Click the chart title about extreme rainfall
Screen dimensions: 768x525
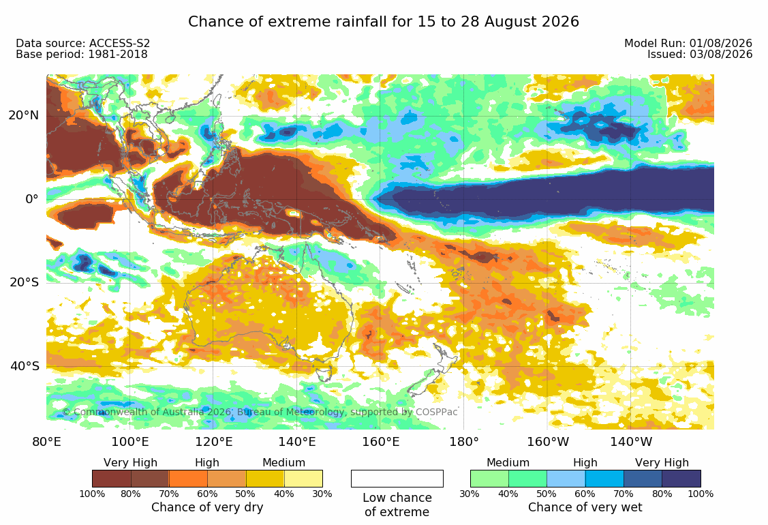pos(384,22)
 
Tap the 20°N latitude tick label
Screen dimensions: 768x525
pos(24,115)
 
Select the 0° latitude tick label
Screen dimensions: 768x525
pos(32,199)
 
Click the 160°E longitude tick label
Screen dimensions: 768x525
pos(380,442)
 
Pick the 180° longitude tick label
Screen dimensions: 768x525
pos(464,442)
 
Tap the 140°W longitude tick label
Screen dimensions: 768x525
pos(631,442)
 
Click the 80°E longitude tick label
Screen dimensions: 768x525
pos(46,442)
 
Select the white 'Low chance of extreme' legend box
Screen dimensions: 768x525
pos(397,479)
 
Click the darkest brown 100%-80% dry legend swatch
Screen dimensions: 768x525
pos(112,479)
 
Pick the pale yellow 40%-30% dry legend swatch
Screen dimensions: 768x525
pos(304,479)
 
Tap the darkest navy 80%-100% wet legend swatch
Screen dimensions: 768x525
pos(681,479)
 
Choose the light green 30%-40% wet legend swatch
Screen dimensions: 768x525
pos(489,479)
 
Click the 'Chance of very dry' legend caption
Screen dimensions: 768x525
pos(207,507)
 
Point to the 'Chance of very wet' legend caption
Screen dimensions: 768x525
pos(585,507)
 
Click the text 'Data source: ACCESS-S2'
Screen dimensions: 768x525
pos(82,44)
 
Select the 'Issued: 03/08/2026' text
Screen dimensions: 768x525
pos(700,55)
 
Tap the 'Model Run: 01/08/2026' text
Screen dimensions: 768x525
pos(688,44)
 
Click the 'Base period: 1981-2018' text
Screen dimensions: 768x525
pos(82,55)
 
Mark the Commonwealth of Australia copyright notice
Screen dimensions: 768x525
pos(260,412)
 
